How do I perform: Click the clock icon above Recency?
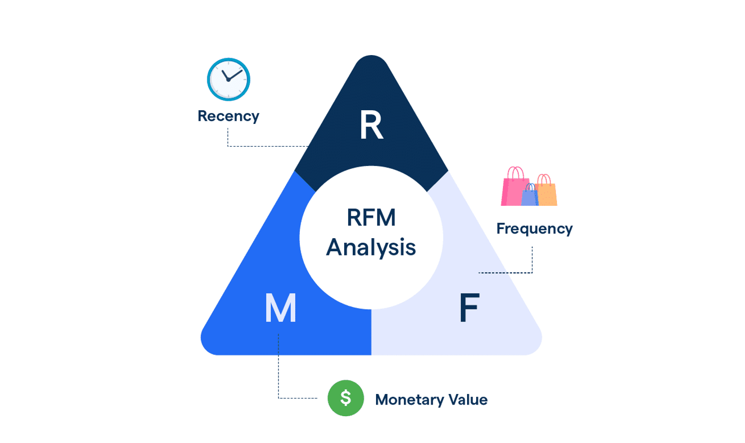pyautogui.click(x=228, y=79)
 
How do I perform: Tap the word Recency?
pyautogui.click(x=228, y=116)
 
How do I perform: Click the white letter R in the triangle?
pyautogui.click(x=371, y=125)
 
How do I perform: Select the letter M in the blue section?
pyautogui.click(x=281, y=308)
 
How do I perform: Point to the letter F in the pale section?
pyautogui.click(x=469, y=308)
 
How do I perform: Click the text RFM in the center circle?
pyautogui.click(x=371, y=218)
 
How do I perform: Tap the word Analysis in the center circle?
pyautogui.click(x=371, y=248)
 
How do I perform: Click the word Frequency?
pyautogui.click(x=534, y=229)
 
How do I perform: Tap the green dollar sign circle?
pyautogui.click(x=346, y=398)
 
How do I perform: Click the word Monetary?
pyautogui.click(x=409, y=400)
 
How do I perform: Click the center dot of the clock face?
pyautogui.click(x=228, y=80)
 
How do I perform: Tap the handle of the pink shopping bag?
pyautogui.click(x=515, y=172)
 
